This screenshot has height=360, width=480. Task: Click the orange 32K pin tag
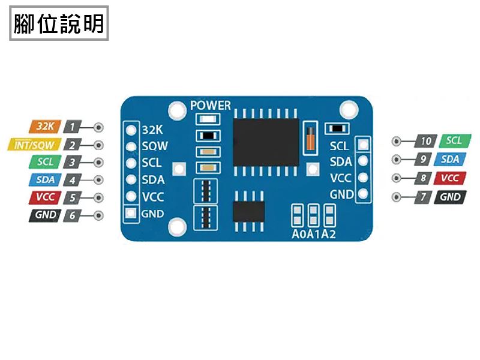(x=44, y=127)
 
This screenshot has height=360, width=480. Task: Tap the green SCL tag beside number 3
(x=44, y=162)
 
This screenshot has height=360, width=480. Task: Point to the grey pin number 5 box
(x=72, y=197)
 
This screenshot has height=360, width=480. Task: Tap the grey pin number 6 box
(x=72, y=215)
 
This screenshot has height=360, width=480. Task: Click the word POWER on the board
(x=210, y=106)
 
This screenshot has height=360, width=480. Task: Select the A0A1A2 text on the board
(x=313, y=233)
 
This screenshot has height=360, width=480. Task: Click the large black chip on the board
(x=266, y=142)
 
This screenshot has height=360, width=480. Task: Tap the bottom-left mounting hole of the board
(x=177, y=227)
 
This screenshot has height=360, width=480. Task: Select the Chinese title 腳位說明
(x=59, y=24)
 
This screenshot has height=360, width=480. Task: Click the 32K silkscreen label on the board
(x=152, y=130)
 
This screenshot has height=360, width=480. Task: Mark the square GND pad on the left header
(x=130, y=213)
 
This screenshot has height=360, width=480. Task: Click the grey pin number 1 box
(x=72, y=127)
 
